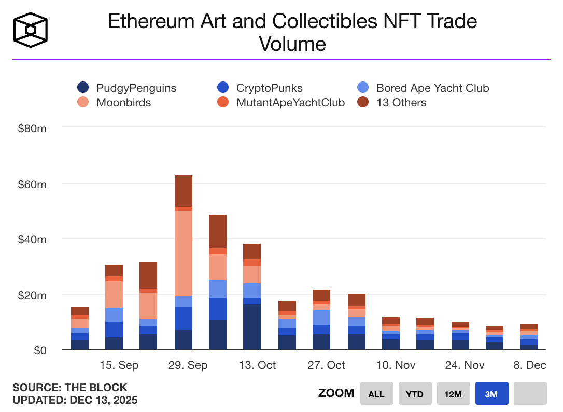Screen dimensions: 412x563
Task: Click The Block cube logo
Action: pos(31,30)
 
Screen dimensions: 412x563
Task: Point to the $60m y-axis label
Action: pos(33,184)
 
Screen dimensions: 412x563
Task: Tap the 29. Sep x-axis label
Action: pos(188,365)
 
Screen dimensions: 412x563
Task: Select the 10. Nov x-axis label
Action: pos(396,365)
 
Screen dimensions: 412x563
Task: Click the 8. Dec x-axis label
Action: pos(529,365)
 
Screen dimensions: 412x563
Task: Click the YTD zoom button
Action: pos(414,394)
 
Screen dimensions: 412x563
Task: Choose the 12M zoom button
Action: pos(453,394)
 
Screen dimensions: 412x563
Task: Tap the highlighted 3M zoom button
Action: pos(491,394)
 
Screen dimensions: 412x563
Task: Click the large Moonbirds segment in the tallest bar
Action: pos(184,253)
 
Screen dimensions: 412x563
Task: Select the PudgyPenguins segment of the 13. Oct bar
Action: pos(252,327)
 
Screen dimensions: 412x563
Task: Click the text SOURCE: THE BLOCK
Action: pos(69,388)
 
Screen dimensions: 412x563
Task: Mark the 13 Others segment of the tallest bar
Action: pos(184,190)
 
